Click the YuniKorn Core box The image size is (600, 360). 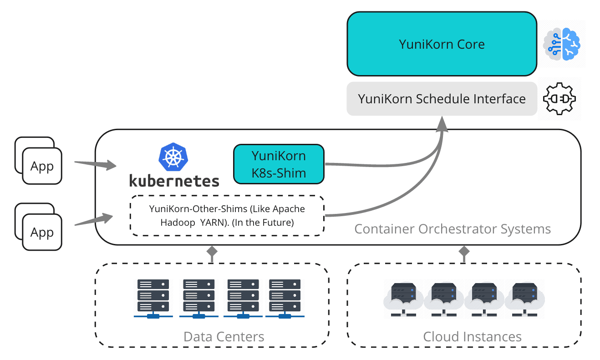point(442,44)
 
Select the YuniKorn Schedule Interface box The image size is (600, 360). point(442,99)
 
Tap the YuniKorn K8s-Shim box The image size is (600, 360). point(279,164)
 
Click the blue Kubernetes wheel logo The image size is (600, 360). point(173,157)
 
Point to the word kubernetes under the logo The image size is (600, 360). point(174,180)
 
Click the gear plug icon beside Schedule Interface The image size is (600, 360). point(559,99)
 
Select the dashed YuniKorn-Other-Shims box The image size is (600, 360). point(227,216)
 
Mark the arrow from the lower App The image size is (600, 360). point(93,220)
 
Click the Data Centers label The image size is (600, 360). point(224,337)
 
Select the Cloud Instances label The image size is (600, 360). point(472,337)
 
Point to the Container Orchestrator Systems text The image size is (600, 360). point(453,228)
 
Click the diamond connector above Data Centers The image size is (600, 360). point(212,251)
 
